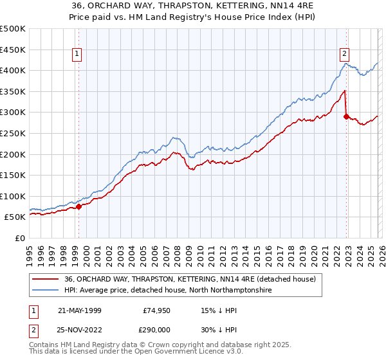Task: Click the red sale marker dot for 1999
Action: coord(79,207)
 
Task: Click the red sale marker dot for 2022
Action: coord(346,116)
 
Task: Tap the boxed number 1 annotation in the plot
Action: coord(77,55)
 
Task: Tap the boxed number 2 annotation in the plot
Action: coord(345,55)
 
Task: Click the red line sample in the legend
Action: coord(47,280)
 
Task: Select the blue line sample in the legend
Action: coord(47,291)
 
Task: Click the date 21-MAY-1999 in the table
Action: coord(79,310)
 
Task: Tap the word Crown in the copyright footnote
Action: coord(170,345)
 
